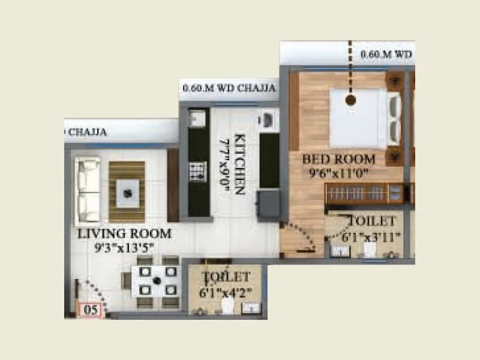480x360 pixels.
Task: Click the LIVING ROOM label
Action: click(124, 233)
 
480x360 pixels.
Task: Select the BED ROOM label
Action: click(339, 160)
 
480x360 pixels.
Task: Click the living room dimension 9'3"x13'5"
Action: click(124, 246)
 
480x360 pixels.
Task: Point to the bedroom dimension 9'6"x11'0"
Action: click(339, 173)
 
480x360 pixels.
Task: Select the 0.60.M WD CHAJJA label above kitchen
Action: click(229, 89)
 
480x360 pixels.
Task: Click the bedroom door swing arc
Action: click(300, 237)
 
